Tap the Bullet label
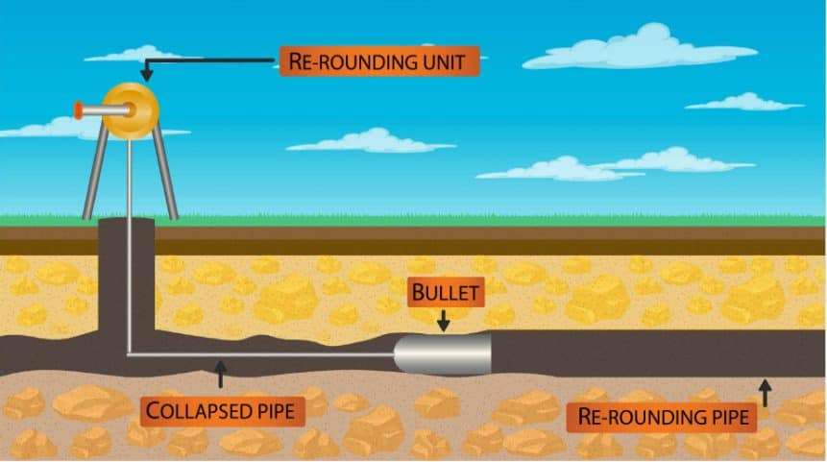pyautogui.click(x=442, y=292)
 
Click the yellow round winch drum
pyautogui.click(x=131, y=109)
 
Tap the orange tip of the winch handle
pyautogui.click(x=77, y=110)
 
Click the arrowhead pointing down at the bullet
pyautogui.click(x=442, y=325)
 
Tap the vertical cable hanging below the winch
pyautogui.click(x=128, y=240)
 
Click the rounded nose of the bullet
pyautogui.click(x=404, y=354)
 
